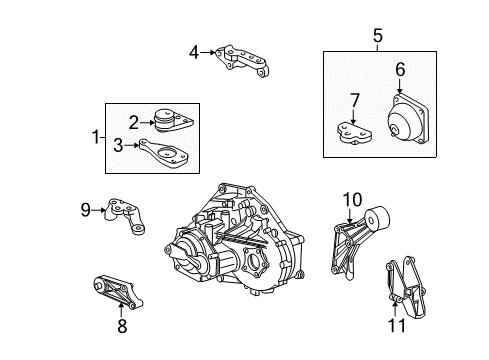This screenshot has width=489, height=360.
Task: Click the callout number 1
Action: (96, 136)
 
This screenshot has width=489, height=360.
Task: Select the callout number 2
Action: (132, 122)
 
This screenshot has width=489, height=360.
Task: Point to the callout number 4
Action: (194, 51)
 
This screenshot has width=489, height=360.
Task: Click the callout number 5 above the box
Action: (377, 38)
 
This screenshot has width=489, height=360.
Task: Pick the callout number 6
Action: (399, 70)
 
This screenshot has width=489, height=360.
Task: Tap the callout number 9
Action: (86, 209)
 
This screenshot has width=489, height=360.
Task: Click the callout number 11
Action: (396, 326)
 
